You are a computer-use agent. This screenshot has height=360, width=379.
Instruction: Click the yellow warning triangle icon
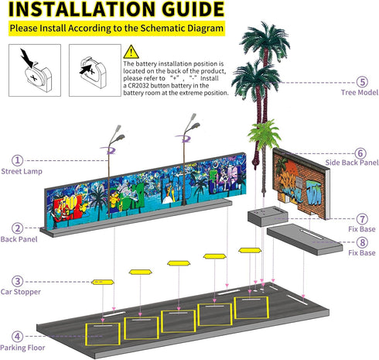131,52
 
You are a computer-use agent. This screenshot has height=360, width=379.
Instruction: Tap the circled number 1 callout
17,160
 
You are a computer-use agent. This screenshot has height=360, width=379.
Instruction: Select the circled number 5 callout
362,82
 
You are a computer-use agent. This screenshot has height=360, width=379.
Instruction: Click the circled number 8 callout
362,242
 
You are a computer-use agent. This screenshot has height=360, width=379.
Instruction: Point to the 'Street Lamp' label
22,171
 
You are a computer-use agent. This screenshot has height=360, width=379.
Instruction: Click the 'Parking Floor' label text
22,348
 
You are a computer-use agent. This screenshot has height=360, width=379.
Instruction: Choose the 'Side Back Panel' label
352,163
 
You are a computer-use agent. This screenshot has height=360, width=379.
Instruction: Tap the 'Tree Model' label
360,92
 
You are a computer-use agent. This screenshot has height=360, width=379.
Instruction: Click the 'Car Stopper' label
21,292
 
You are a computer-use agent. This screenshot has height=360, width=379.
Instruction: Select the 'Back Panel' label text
19,239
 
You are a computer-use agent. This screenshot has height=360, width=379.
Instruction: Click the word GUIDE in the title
193,9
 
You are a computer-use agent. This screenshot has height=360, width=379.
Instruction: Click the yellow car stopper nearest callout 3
103,282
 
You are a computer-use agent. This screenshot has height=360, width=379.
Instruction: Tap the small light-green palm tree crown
265,132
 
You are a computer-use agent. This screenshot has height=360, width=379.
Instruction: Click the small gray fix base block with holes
268,216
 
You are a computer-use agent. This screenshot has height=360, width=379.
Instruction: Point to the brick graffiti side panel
301,183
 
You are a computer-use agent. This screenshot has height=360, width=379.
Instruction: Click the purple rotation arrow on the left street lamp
109,150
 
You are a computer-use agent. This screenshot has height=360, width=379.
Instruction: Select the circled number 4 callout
17,336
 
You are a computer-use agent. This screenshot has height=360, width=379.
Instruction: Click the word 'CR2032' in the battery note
138,85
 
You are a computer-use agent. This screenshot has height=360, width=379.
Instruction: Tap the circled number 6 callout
360,153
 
